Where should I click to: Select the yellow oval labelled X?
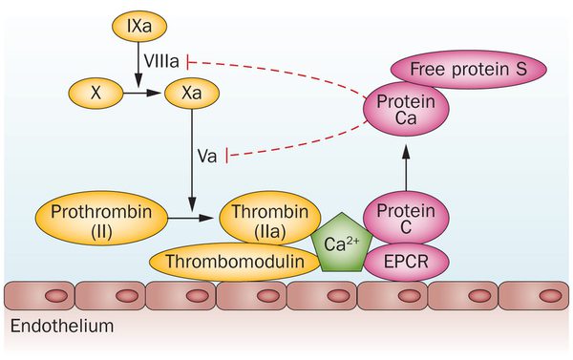pos(95,94)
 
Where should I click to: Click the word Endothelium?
pos(62,327)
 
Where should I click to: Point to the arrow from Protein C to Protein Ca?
pos(405,168)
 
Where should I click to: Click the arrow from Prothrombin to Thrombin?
pos(195,219)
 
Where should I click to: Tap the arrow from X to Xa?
pos(140,94)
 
